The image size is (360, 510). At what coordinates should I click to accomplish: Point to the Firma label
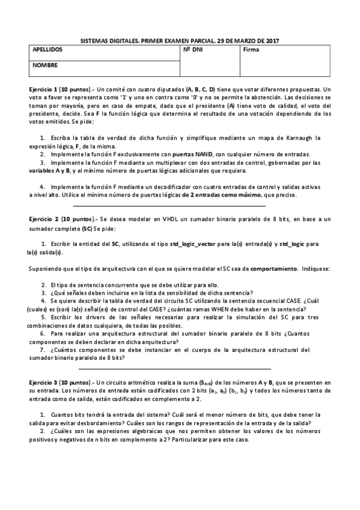pyautogui.click(x=252, y=50)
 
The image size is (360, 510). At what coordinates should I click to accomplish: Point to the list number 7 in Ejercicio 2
pyautogui.click(x=43, y=349)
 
